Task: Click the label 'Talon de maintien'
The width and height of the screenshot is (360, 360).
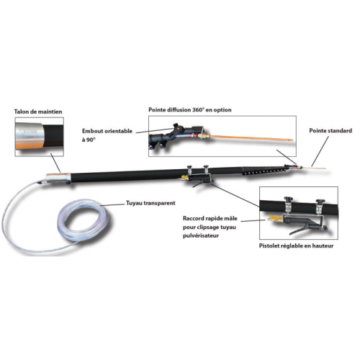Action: [38, 112]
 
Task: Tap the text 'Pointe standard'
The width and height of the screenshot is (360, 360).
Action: [330, 131]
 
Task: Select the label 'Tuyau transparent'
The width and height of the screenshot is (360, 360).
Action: [150, 203]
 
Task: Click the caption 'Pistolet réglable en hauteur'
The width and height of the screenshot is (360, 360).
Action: [296, 246]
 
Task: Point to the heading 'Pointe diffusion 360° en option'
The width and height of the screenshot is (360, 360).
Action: [190, 110]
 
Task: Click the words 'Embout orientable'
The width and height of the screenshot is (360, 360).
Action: [107, 131]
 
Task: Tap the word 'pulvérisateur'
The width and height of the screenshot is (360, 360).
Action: [201, 235]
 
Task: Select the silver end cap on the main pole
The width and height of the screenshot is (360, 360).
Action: [56, 178]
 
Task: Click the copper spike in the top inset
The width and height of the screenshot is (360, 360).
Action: [250, 138]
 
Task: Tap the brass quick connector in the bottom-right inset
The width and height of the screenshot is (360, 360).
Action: [274, 218]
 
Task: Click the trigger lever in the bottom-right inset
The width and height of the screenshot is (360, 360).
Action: [301, 230]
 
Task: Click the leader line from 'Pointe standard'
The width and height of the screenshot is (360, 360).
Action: [320, 151]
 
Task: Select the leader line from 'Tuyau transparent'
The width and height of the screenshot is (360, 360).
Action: [112, 204]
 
